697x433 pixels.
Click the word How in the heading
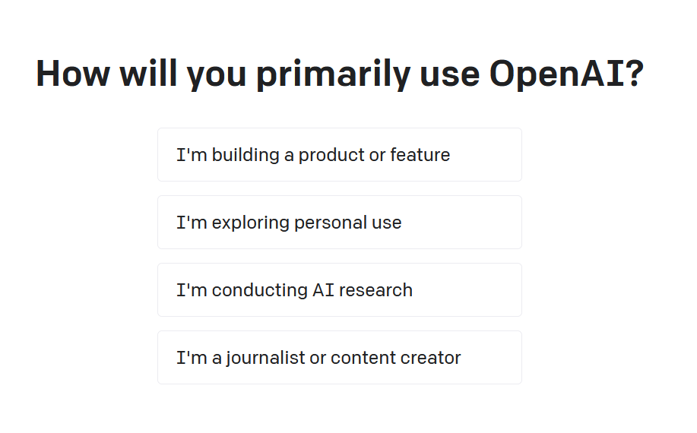point(73,73)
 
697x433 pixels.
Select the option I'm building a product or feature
point(340,154)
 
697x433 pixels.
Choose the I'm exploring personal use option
point(340,222)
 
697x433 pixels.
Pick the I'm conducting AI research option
point(340,289)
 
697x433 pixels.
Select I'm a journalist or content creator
point(340,357)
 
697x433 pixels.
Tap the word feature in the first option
point(420,155)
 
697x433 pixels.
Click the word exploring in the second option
point(251,223)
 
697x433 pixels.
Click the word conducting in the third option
point(260,291)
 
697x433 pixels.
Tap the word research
point(375,290)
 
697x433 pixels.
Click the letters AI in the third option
point(323,290)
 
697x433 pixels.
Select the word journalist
point(265,359)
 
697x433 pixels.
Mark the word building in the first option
point(246,156)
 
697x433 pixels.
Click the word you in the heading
point(216,76)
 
